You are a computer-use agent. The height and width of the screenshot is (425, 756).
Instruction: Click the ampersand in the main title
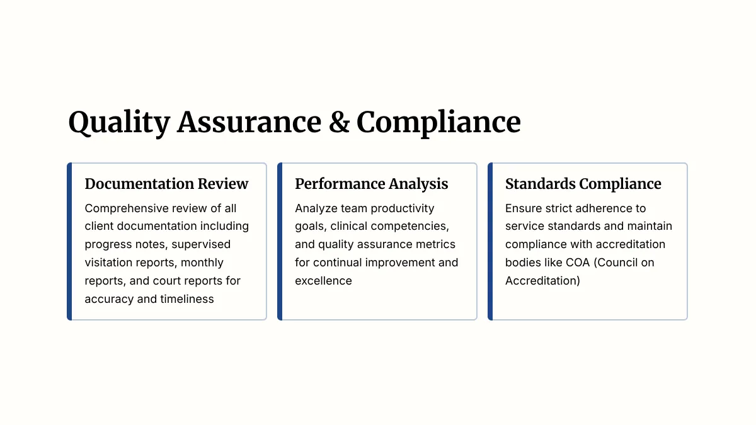tap(339, 122)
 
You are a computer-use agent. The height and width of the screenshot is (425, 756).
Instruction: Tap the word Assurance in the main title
tap(249, 122)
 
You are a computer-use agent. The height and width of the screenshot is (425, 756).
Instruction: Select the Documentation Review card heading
tap(166, 184)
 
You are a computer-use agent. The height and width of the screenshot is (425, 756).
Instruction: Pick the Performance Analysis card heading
tap(371, 184)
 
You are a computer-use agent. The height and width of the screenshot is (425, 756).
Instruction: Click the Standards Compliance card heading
tap(583, 184)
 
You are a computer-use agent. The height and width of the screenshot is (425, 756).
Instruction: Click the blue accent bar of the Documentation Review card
tap(69, 241)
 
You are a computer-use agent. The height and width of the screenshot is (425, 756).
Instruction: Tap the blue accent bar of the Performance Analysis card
tap(280, 241)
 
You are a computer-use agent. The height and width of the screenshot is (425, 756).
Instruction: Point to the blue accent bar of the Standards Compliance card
tap(490, 241)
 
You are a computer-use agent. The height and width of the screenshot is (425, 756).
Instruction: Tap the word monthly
tap(202, 263)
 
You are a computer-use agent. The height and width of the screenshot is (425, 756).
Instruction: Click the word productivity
tap(403, 209)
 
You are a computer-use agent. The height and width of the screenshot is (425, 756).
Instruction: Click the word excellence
tap(323, 281)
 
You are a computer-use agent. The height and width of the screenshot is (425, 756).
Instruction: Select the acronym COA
tap(578, 263)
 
